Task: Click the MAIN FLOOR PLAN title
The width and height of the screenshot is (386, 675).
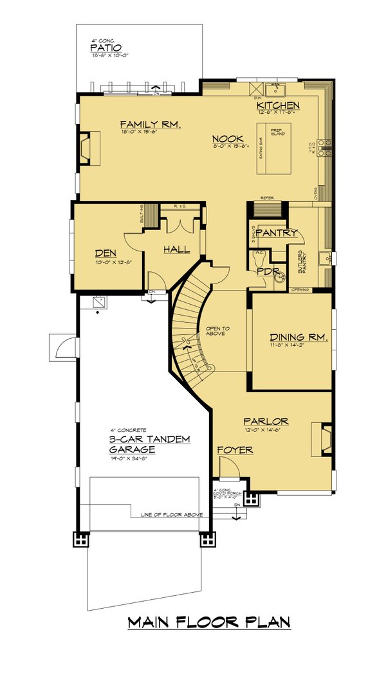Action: click(x=209, y=622)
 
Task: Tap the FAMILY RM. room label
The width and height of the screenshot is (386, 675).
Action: click(x=149, y=124)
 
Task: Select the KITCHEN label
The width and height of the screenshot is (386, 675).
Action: click(x=278, y=105)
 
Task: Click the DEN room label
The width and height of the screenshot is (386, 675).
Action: click(x=104, y=253)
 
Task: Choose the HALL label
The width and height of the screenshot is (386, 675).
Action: click(x=176, y=248)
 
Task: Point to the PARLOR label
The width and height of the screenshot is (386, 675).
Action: click(x=266, y=421)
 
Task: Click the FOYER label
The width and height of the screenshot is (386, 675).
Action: click(x=234, y=450)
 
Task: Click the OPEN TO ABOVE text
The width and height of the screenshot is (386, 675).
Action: click(x=217, y=332)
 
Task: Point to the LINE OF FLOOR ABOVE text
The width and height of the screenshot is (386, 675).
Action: click(x=167, y=515)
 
